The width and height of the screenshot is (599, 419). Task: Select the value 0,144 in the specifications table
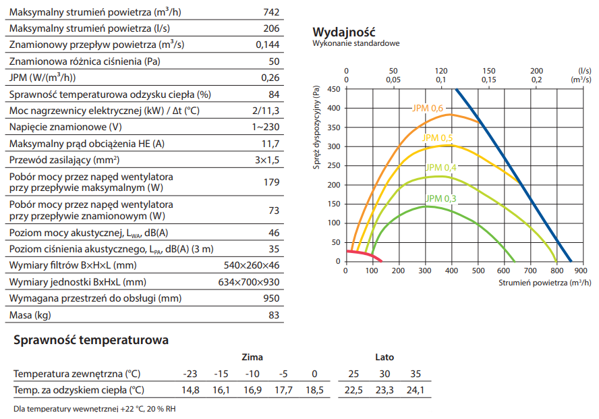click(x=267, y=45)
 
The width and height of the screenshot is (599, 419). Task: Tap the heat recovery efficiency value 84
click(x=274, y=94)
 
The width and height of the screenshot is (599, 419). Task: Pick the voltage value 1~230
click(x=266, y=127)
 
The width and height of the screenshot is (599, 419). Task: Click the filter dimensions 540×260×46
click(x=252, y=265)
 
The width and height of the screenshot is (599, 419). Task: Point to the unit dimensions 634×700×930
click(x=248, y=282)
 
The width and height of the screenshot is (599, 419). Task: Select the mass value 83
click(x=274, y=315)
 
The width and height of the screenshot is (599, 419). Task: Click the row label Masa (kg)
click(x=30, y=315)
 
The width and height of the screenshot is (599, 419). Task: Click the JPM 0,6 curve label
click(x=428, y=108)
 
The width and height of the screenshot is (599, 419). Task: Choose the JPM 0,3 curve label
click(x=440, y=198)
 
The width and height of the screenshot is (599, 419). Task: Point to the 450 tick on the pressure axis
click(x=333, y=88)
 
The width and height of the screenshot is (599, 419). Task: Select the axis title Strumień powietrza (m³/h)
click(x=545, y=283)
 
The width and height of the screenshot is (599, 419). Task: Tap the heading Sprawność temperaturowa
click(x=91, y=340)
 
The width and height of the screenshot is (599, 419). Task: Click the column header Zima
click(x=252, y=357)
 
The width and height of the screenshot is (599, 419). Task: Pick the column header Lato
click(x=384, y=357)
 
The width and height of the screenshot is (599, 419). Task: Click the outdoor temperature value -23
click(x=190, y=374)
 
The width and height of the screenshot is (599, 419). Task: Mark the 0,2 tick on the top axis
click(x=536, y=79)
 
